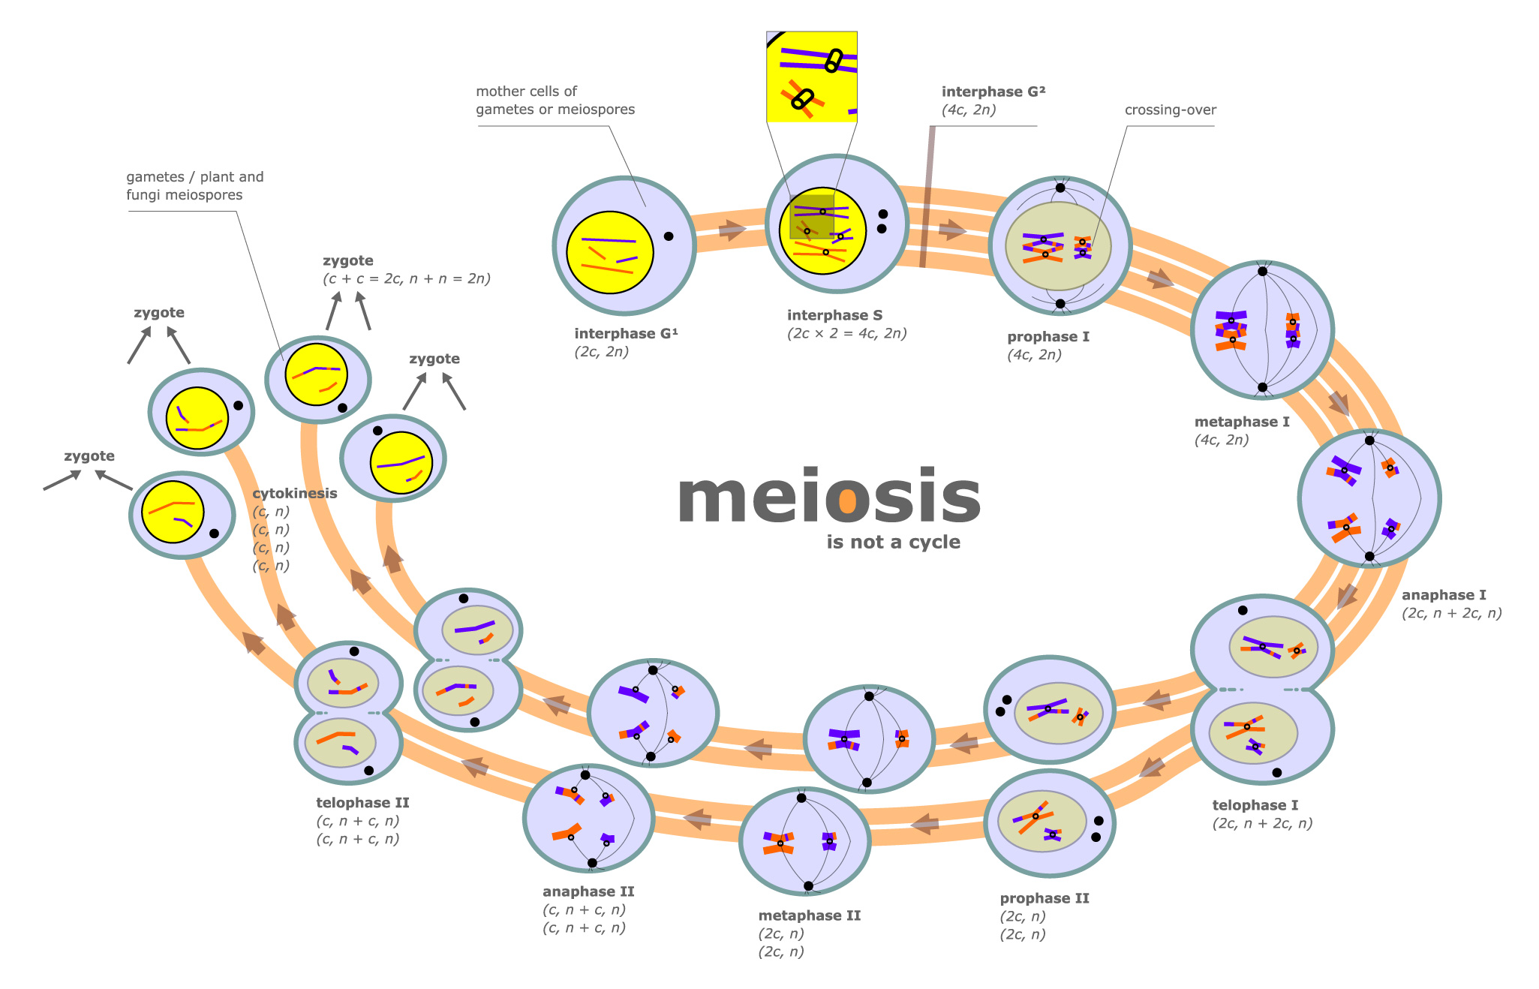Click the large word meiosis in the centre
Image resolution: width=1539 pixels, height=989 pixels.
point(828,497)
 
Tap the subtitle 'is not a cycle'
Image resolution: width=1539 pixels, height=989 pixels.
point(893,542)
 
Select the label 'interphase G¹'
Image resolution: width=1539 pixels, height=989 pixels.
point(626,333)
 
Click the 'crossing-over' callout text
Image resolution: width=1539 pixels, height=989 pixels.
point(1170,110)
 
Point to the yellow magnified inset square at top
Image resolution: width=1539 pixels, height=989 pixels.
point(811,77)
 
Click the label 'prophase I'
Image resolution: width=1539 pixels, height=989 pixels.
point(1048,336)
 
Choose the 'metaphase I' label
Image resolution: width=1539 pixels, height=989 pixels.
point(1241,422)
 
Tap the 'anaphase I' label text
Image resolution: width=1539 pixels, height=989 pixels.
point(1443,595)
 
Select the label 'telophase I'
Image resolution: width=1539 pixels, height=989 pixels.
point(1255,805)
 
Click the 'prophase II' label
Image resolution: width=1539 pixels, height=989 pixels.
point(1044,898)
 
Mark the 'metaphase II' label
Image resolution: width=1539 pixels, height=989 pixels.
point(809,915)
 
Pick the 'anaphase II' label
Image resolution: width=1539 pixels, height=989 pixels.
point(588,891)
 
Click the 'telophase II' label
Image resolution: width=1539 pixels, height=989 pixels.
point(362,803)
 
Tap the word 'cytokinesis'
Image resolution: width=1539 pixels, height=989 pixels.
point(294,493)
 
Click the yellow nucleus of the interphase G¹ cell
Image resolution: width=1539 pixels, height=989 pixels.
point(609,252)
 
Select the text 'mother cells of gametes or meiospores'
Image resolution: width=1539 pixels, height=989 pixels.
point(555,101)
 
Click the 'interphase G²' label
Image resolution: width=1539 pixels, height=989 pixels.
point(993,92)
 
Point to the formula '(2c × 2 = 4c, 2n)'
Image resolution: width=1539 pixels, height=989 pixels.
point(846,333)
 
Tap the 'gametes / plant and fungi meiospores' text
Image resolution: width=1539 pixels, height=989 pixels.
point(194,185)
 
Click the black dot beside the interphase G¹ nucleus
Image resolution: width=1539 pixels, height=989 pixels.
point(668,236)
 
